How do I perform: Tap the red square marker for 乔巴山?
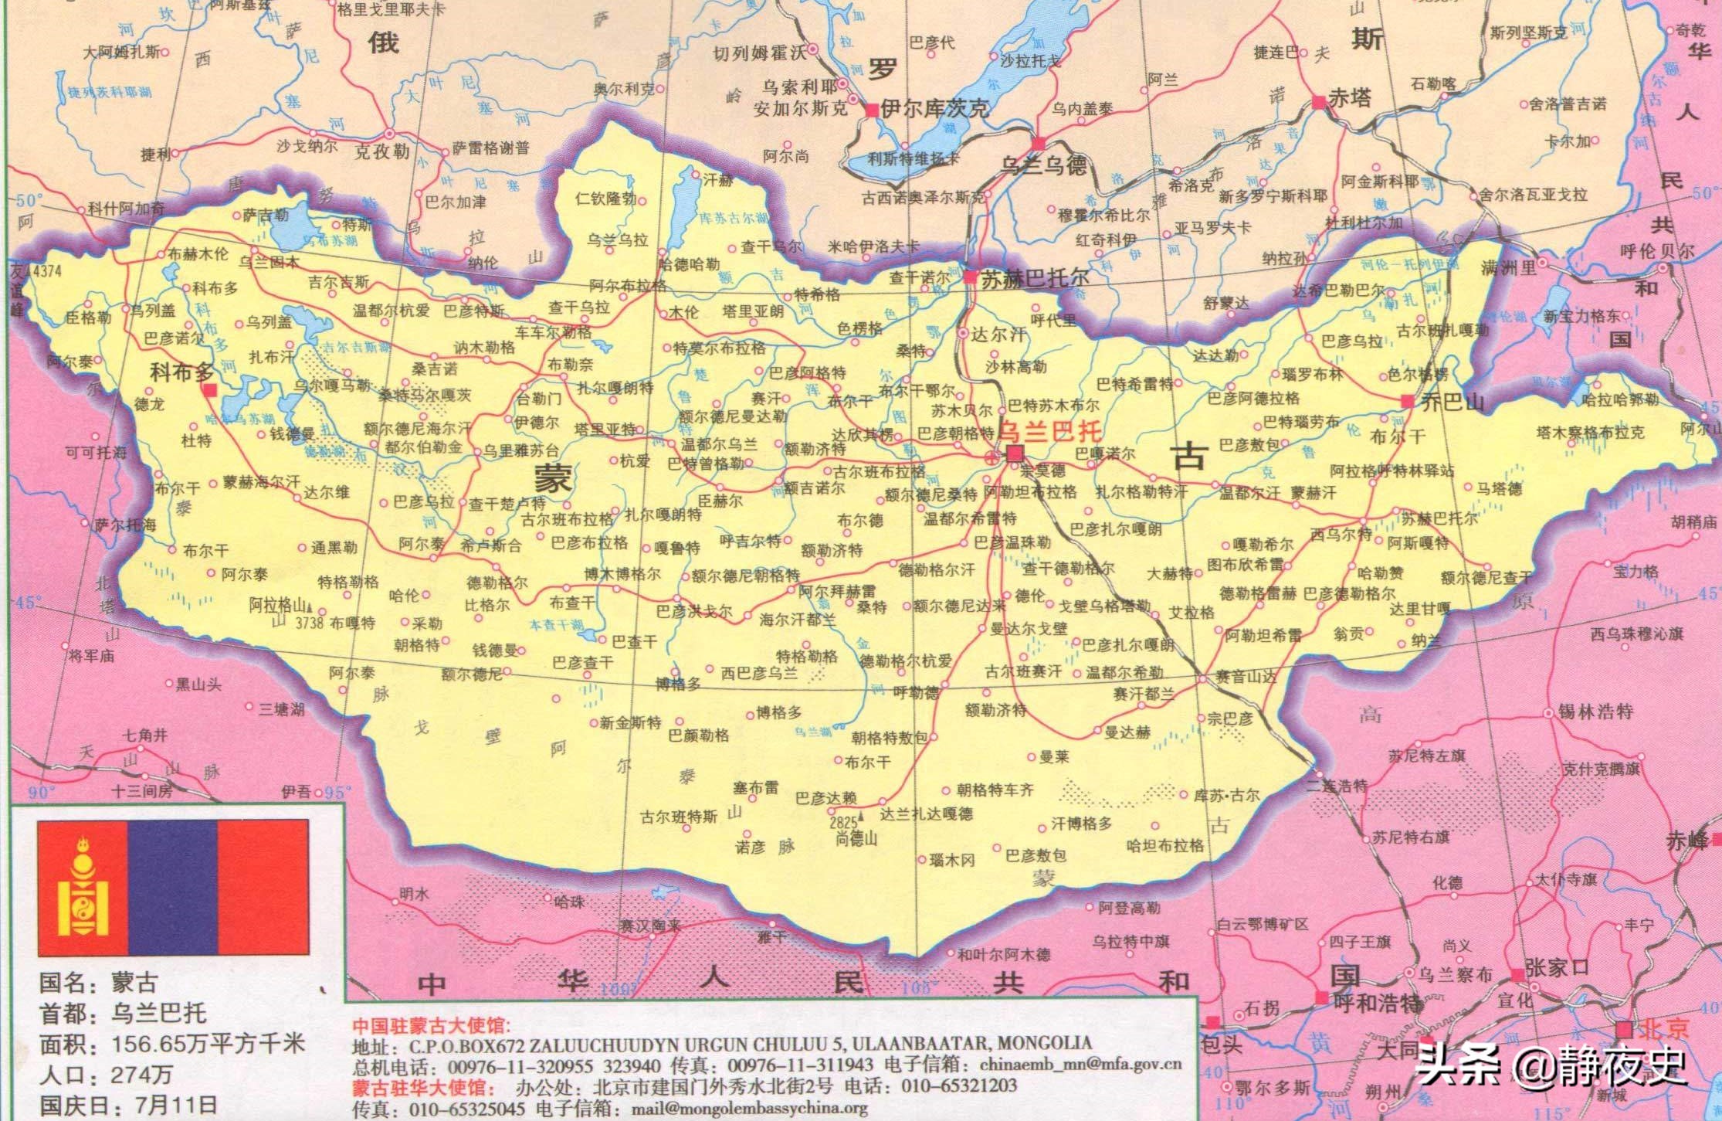pos(1407,401)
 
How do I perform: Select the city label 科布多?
pos(181,373)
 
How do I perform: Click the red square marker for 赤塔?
pos(1318,101)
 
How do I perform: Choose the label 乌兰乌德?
pos(1043,165)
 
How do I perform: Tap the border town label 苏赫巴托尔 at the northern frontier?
pos(1035,279)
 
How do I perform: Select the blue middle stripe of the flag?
pos(172,888)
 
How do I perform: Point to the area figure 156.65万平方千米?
pos(208,1045)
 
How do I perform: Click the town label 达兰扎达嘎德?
pos(927,814)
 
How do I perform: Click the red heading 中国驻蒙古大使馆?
pos(432,1025)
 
